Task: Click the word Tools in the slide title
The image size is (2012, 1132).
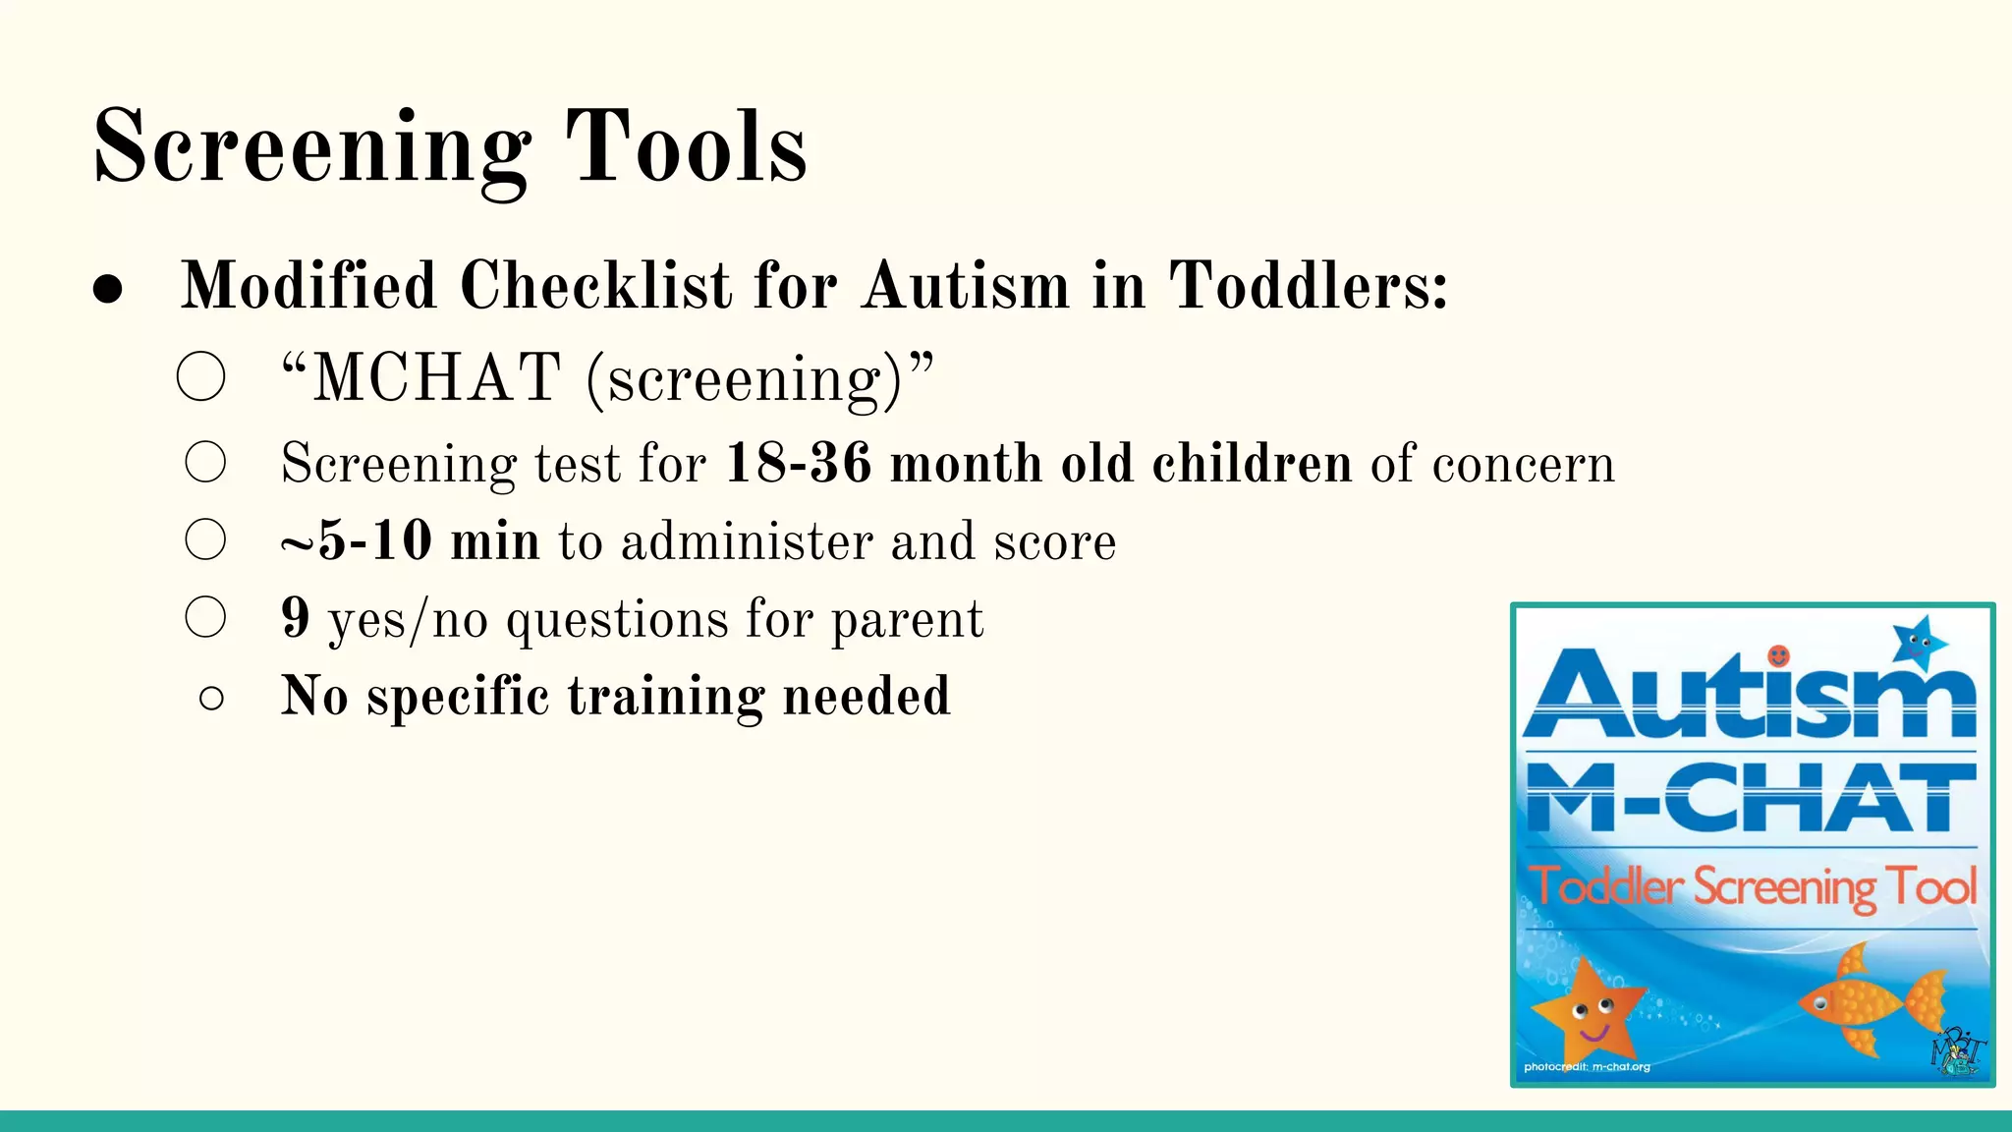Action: click(x=686, y=147)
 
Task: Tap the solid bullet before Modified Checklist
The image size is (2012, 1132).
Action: click(x=108, y=289)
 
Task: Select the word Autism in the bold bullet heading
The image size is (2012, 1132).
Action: click(x=967, y=286)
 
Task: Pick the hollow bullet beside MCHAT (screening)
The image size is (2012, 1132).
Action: click(x=201, y=376)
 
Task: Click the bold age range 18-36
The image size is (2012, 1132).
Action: click(x=798, y=463)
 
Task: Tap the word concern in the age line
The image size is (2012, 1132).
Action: click(x=1524, y=464)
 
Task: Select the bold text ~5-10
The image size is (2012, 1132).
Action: click(x=356, y=540)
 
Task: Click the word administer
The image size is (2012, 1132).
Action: click(x=747, y=541)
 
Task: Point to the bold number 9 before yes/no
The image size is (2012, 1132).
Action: click(x=296, y=617)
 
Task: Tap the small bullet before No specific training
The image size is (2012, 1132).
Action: click(x=211, y=699)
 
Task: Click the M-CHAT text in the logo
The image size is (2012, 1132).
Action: click(x=1751, y=798)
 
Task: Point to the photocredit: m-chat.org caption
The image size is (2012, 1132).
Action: click(x=1587, y=1066)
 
